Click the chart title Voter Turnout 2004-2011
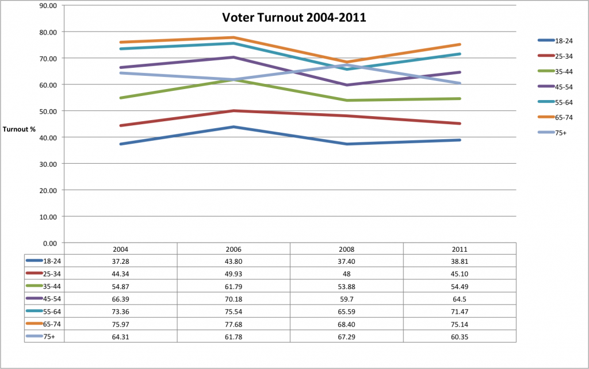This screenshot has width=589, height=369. (294, 17)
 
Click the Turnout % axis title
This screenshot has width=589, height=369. (19, 129)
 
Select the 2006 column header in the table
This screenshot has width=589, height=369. (234, 249)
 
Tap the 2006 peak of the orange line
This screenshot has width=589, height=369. (234, 37)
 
